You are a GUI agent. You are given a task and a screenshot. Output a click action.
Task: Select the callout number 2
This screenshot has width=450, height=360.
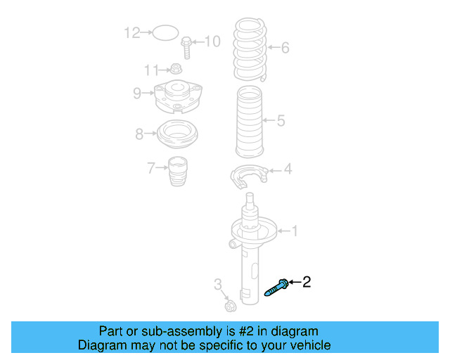coord(306,282)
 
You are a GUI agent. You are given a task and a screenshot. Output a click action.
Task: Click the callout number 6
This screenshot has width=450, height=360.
coord(285,48)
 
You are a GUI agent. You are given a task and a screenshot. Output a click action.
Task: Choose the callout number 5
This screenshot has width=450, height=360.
coord(281,121)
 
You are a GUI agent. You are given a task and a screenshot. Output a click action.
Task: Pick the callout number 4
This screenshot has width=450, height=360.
coord(288,169)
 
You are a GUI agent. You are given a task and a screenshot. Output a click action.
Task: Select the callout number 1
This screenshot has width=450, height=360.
coord(295,230)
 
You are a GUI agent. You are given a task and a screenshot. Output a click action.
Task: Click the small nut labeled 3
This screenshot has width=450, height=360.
coord(229,306)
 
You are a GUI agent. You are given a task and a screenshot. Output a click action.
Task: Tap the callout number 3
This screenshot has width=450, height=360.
coord(218,284)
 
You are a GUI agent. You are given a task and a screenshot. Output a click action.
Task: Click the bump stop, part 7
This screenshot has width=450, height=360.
coord(178,172)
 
